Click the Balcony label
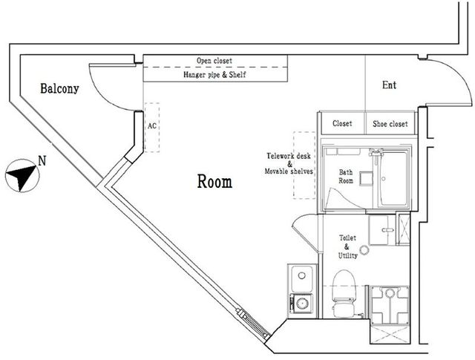click(59, 89)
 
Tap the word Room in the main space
click(214, 182)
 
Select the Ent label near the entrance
click(389, 85)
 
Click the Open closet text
click(214, 61)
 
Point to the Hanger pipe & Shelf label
click(214, 74)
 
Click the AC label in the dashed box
click(152, 125)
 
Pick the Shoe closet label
click(390, 124)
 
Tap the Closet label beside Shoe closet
click(342, 123)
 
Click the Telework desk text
click(289, 156)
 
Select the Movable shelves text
click(289, 171)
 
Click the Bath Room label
click(346, 177)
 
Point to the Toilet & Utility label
click(347, 246)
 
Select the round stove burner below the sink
click(302, 303)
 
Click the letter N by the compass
click(42, 160)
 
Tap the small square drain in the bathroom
click(366, 178)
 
